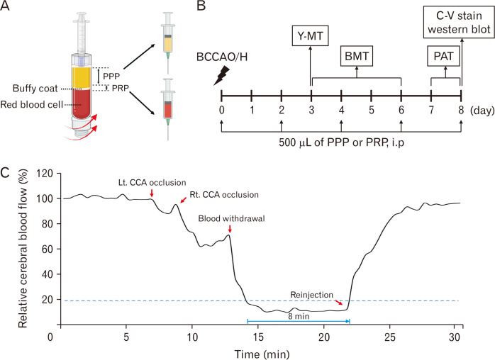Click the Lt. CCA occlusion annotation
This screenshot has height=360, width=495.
pyautogui.click(x=143, y=182)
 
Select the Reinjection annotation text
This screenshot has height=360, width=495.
pyautogui.click(x=311, y=293)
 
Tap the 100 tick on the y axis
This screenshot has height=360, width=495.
pyautogui.click(x=46, y=198)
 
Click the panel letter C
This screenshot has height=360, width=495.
pyautogui.click(x=6, y=172)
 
